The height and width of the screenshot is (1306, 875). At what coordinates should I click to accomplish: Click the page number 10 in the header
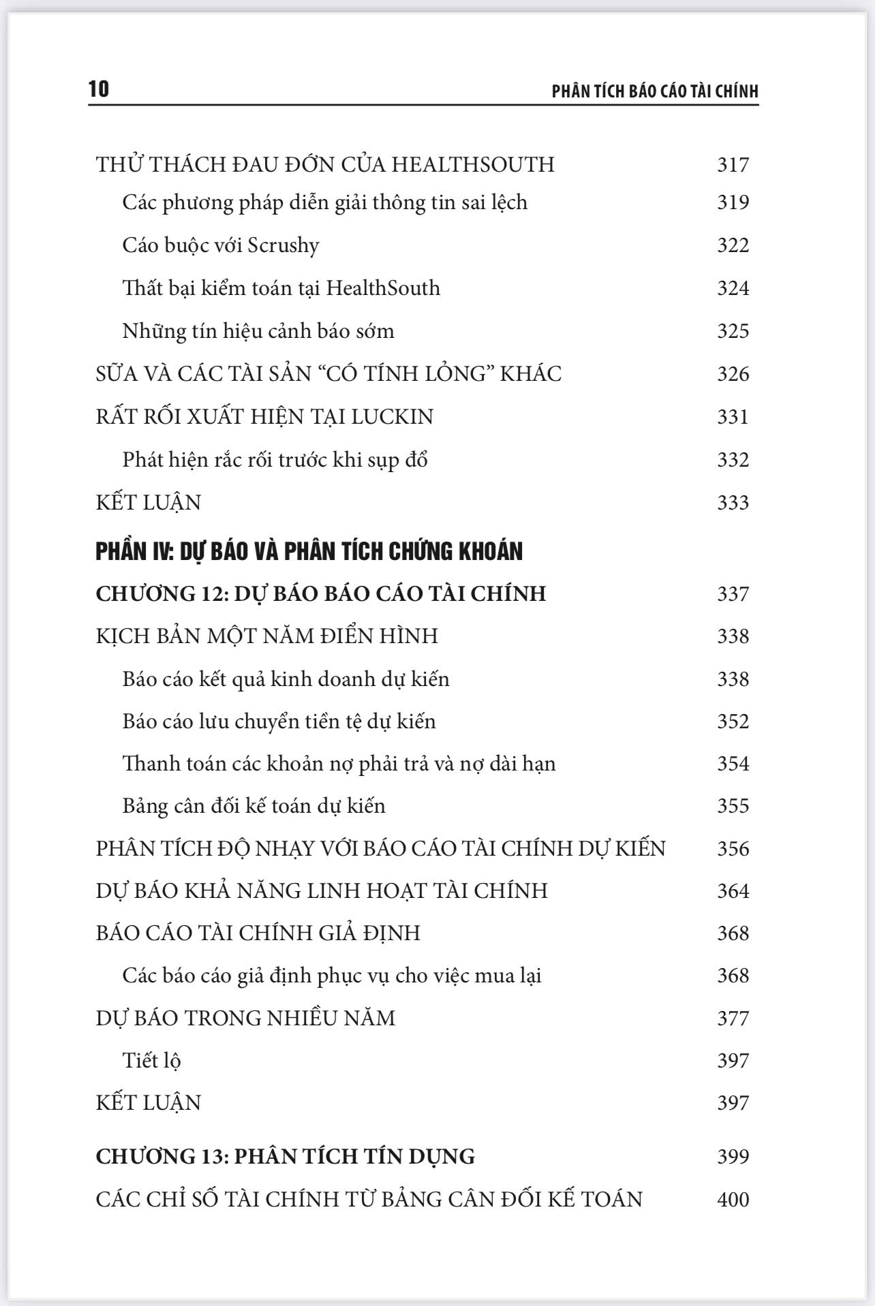click(x=99, y=89)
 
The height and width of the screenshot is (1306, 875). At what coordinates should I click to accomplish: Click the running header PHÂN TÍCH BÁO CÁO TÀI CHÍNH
click(x=655, y=92)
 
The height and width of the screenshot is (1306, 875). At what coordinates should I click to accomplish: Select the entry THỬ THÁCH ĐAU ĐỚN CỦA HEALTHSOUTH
click(x=325, y=165)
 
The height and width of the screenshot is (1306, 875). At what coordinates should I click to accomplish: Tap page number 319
click(x=733, y=202)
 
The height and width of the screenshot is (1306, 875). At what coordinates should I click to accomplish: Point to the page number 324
click(x=733, y=288)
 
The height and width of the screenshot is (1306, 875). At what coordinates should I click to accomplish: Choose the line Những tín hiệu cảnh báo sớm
click(x=258, y=331)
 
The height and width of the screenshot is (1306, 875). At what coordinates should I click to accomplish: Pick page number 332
click(x=733, y=460)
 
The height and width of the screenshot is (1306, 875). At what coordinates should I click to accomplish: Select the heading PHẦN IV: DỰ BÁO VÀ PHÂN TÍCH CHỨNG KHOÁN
click(x=309, y=551)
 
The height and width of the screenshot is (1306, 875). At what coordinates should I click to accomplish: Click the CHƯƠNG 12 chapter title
click(x=320, y=593)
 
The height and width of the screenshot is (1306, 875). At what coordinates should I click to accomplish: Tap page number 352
click(x=733, y=721)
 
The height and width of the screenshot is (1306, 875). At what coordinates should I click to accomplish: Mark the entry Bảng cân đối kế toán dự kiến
click(x=254, y=806)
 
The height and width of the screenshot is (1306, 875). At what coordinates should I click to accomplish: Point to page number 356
click(x=733, y=849)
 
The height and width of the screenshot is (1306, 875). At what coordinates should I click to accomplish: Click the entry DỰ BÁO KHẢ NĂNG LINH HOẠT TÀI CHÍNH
click(x=322, y=891)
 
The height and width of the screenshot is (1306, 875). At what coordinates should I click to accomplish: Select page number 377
click(x=733, y=1019)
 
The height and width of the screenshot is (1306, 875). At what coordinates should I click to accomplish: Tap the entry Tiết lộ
click(x=151, y=1061)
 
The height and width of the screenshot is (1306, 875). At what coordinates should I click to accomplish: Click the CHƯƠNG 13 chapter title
click(x=285, y=1156)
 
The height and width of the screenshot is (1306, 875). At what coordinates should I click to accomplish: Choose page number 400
click(x=733, y=1199)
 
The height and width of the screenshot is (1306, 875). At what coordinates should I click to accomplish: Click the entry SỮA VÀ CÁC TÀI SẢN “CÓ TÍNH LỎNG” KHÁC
click(x=328, y=374)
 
